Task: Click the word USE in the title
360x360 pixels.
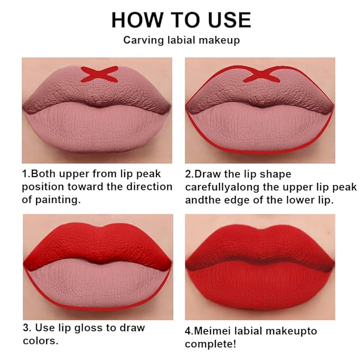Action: (x=230, y=20)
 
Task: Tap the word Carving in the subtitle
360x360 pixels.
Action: (x=144, y=40)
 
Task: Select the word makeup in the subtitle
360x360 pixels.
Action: (x=219, y=40)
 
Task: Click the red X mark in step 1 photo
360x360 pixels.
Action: (x=100, y=74)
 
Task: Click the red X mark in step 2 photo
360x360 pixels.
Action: (x=261, y=75)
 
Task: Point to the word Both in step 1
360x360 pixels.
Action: (x=43, y=174)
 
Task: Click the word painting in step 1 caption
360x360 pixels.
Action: (x=58, y=200)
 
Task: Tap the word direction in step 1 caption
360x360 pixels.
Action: (x=150, y=187)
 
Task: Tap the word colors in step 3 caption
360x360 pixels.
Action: (x=40, y=341)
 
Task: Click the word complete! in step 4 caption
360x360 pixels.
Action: (x=210, y=344)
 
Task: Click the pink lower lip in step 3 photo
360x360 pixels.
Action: (x=98, y=284)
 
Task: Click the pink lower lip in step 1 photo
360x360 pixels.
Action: (x=98, y=128)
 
